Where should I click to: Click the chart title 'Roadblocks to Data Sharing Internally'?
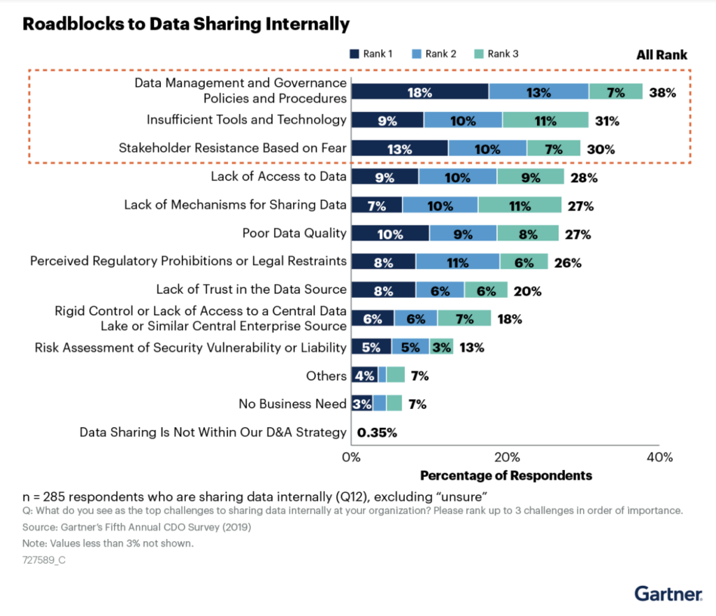click(186, 24)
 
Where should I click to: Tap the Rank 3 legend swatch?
click(479, 54)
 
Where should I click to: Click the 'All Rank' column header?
click(661, 55)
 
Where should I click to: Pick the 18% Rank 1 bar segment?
click(420, 92)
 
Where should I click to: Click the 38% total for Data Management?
click(663, 92)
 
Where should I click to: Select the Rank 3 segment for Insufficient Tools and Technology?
click(545, 120)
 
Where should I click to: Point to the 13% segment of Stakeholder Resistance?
click(399, 148)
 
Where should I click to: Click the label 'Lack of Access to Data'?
click(278, 176)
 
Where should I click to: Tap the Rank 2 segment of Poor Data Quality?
click(463, 234)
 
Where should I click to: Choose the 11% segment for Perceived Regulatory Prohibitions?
click(457, 262)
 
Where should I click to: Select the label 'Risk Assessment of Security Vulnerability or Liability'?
click(190, 348)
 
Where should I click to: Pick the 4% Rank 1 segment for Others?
click(364, 375)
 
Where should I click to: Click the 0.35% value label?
click(377, 433)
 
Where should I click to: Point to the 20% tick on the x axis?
click(506, 457)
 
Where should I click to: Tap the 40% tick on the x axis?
click(660, 457)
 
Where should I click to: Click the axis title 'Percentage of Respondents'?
click(506, 475)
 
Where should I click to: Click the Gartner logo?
click(668, 594)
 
